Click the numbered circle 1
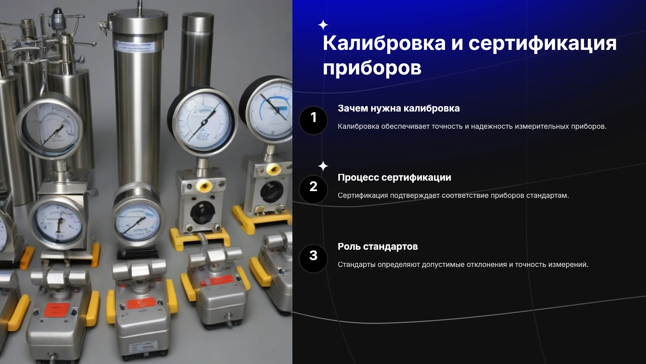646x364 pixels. [313, 120]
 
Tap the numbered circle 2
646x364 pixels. [313, 189]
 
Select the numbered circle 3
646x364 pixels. [313, 259]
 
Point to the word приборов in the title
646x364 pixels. [372, 68]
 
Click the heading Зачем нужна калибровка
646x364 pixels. [399, 109]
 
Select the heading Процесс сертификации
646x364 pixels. [394, 178]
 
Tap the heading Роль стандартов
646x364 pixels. [378, 247]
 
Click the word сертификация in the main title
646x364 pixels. [542, 44]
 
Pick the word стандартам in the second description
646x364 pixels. [547, 195]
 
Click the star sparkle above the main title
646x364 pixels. [323, 25]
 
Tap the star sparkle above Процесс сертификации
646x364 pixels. [323, 166]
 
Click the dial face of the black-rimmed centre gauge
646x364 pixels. [202, 121]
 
